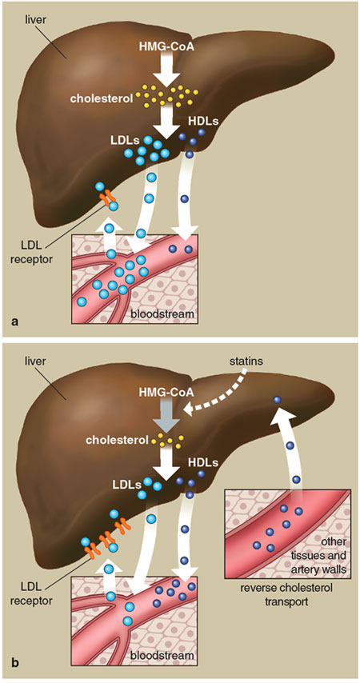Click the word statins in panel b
click(246, 362)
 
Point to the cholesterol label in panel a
click(111, 98)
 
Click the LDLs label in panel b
click(125, 485)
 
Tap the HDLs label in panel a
click(202, 121)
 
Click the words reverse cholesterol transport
click(286, 594)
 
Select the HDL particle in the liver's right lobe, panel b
click(278, 400)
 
